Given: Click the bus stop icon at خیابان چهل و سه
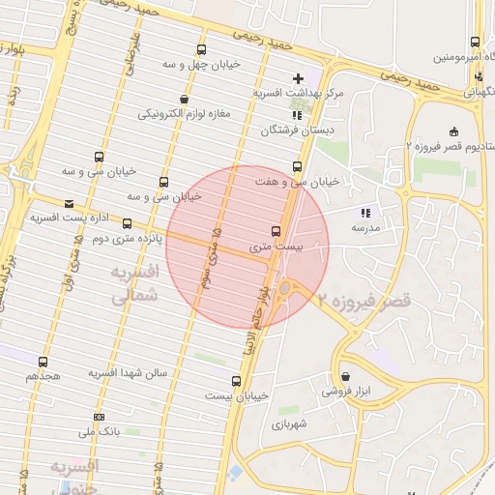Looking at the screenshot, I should coord(201,49).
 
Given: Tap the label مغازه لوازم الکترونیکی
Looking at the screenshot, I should coord(185,114).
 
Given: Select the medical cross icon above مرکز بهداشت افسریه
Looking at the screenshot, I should coord(298,77).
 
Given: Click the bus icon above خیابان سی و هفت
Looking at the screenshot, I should coord(297,165).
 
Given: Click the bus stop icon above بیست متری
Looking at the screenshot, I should coord(277,231).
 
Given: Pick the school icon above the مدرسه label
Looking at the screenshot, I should coord(364,213).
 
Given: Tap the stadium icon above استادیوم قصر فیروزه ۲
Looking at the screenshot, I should coord(454,131).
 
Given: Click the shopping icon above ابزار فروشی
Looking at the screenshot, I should coord(346,376).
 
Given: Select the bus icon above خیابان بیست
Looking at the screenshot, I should coord(236,381).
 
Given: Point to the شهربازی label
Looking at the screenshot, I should coord(289,423).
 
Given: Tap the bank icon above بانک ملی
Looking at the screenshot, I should coord(99,418).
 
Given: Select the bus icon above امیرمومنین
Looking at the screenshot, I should coord(474,43).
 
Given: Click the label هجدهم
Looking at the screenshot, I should coord(44,375).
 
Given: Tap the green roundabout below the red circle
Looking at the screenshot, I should coord(285,288).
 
